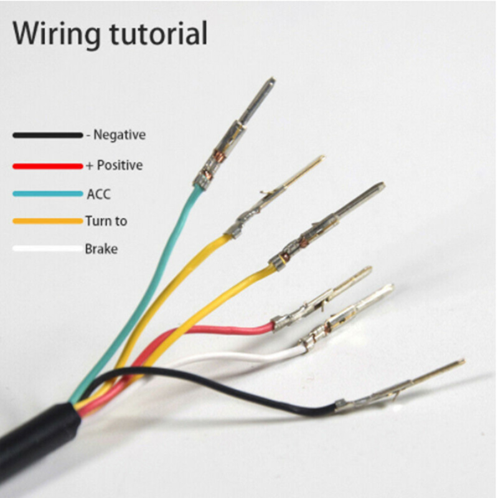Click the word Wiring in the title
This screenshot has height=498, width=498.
tap(56, 34)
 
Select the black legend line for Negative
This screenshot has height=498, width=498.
tap(48, 135)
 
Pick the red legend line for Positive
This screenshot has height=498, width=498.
tap(48, 166)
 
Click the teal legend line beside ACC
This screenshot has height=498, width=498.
tap(48, 194)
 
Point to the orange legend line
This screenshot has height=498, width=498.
tap(48, 221)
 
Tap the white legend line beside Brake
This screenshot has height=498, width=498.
tap(48, 248)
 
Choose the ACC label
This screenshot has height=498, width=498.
tap(99, 194)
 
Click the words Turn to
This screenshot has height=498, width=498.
tap(106, 221)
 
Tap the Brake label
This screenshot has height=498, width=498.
tap(101, 248)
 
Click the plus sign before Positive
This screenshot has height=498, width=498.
tap(89, 166)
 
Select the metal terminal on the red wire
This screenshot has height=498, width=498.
tap(321, 299)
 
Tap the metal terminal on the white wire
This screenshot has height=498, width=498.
tap(347, 317)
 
